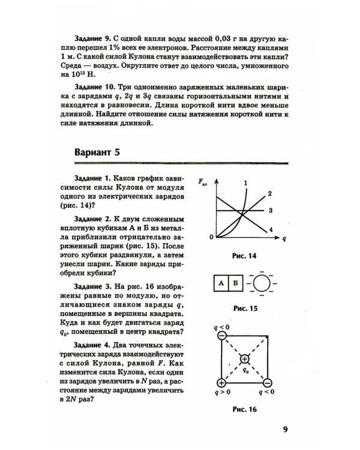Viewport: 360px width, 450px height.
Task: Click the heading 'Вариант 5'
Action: coord(97,152)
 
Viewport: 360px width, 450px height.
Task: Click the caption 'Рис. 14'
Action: coord(244,256)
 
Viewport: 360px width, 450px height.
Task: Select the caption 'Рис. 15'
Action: coord(244,308)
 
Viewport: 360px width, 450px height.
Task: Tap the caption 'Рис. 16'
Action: coord(244,410)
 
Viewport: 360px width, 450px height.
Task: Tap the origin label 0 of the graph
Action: coord(211,238)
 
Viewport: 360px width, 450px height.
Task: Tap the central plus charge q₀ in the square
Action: coord(245,359)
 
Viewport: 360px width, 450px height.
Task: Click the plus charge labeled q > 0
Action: coord(221,383)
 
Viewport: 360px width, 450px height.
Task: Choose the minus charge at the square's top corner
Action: coord(221,336)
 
